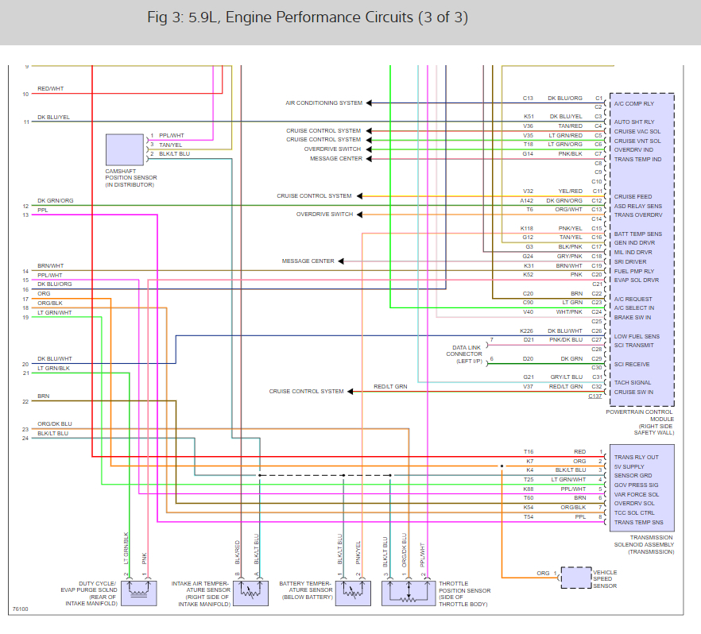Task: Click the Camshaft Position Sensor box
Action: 125,149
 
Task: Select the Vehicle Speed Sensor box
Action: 576,578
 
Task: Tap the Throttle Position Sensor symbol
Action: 409,593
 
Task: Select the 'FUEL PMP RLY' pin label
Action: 633,271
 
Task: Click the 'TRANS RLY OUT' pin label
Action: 636,457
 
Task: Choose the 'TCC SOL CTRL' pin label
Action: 633,512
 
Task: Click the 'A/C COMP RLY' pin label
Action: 634,103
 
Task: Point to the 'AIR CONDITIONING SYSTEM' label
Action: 323,103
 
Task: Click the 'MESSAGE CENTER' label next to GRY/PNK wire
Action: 308,261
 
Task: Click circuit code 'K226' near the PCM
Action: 526,331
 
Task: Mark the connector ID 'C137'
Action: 595,396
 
